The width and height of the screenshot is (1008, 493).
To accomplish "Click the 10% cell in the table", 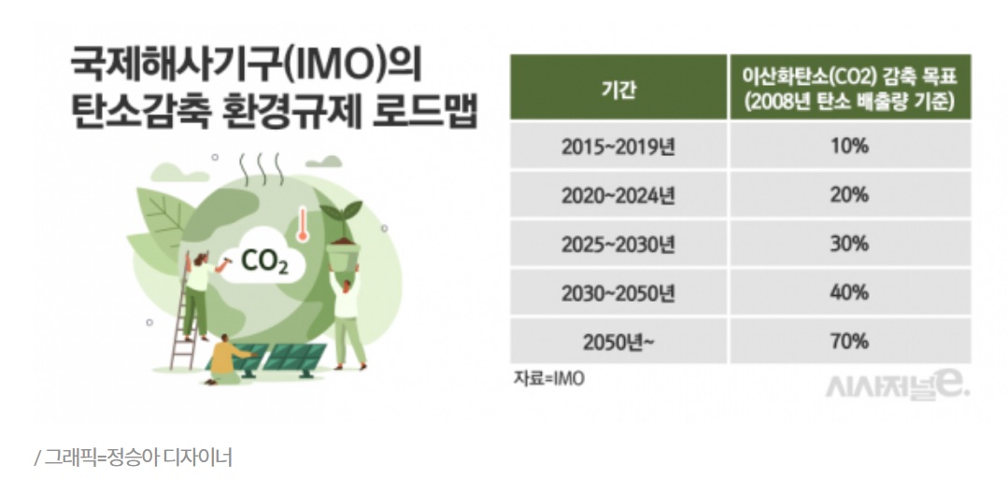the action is click(x=849, y=146).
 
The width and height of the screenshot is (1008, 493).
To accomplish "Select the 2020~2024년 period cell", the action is click(x=618, y=195).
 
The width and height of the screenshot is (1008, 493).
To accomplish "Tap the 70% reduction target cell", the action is click(x=849, y=342).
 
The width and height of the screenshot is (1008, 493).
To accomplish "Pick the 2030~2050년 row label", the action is click(x=618, y=293).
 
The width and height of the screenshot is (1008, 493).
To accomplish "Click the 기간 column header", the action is click(x=618, y=88).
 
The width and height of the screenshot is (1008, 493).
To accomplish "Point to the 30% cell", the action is click(x=849, y=244).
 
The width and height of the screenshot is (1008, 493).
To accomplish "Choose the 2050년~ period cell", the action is click(x=618, y=342).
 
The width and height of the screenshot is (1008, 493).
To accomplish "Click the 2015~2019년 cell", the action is click(x=618, y=147).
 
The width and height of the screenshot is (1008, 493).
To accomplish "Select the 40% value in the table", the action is click(x=849, y=292).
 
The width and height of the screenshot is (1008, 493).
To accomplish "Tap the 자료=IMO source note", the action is click(x=549, y=378).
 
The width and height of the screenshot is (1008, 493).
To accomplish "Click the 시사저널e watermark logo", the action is click(x=898, y=387).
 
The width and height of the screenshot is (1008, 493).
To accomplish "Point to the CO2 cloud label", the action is click(x=263, y=261).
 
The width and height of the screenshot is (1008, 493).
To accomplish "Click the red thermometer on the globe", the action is click(x=302, y=224).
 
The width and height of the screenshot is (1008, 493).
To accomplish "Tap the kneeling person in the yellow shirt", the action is click(x=227, y=359).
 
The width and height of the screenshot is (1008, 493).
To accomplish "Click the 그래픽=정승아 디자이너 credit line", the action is click(x=133, y=458).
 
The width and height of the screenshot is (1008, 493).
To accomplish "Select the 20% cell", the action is click(x=849, y=195).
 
